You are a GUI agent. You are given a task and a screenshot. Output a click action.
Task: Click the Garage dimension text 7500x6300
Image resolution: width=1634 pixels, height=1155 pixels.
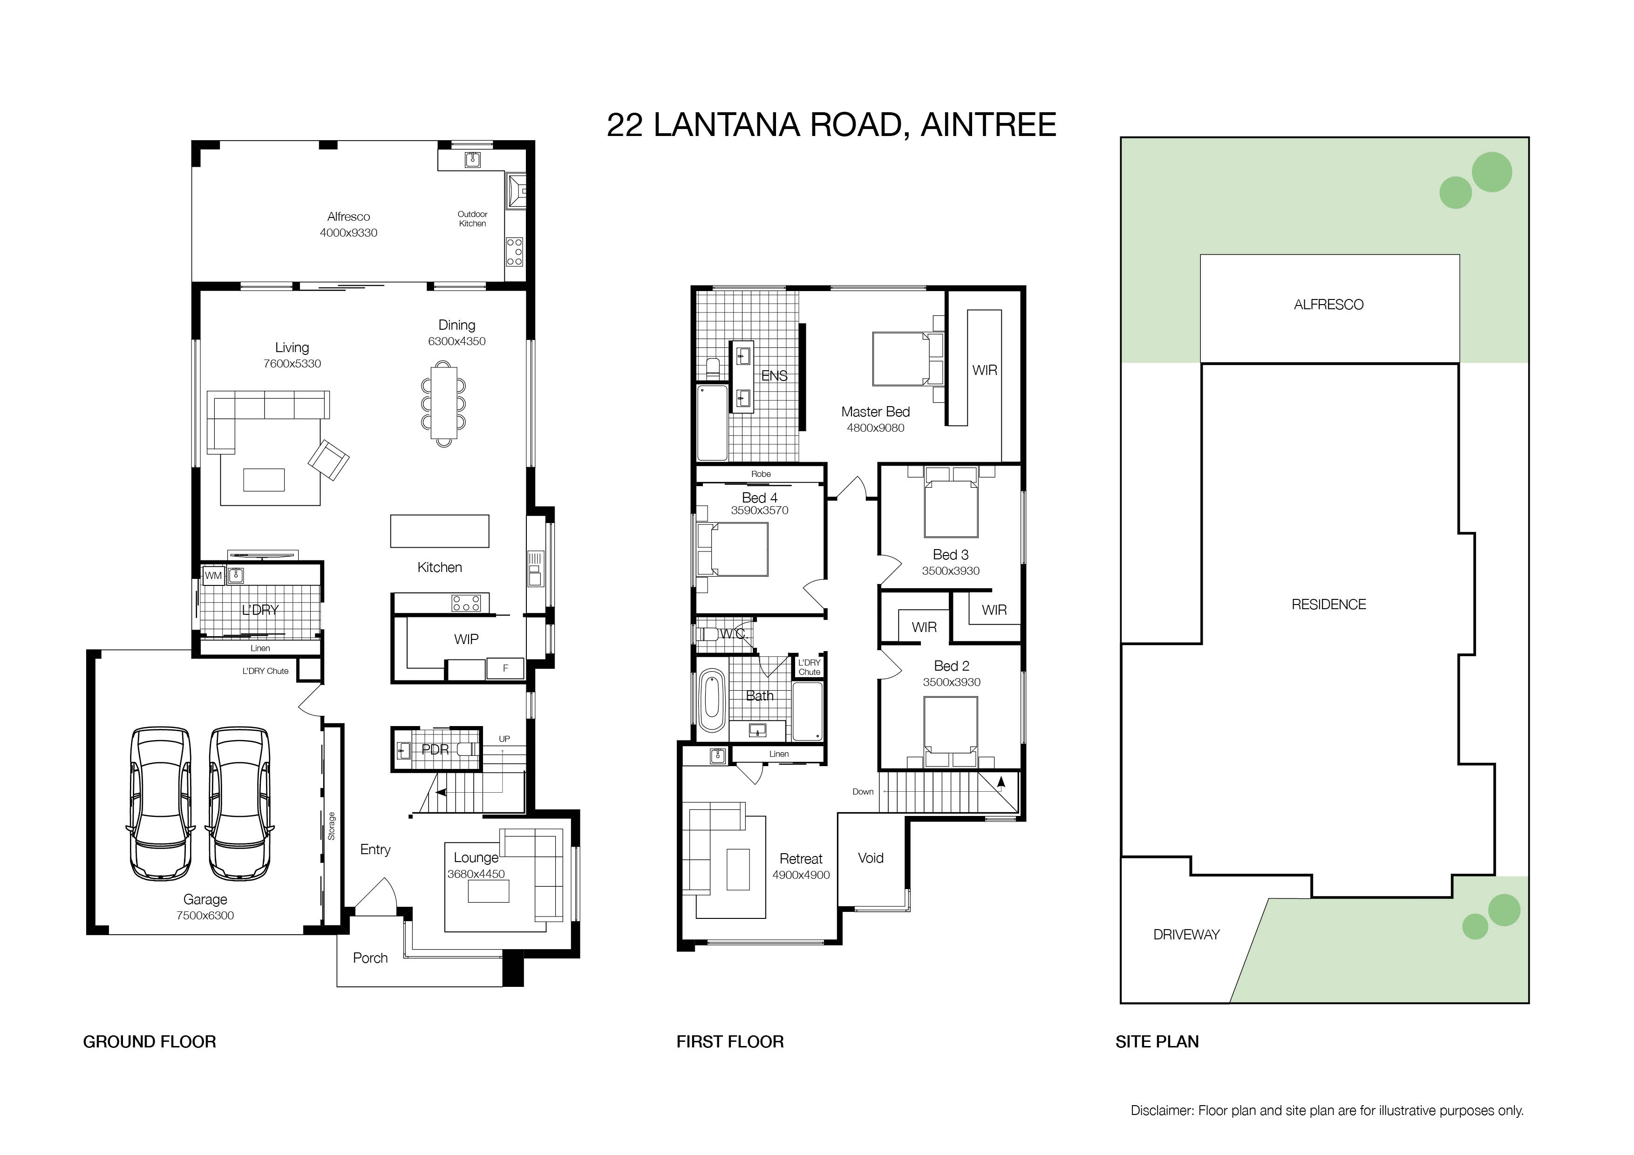pos(205,916)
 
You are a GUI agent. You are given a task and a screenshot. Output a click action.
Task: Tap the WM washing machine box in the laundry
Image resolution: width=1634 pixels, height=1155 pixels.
pos(213,576)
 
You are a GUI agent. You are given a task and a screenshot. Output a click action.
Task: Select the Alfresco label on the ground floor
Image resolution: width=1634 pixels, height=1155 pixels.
pos(349,217)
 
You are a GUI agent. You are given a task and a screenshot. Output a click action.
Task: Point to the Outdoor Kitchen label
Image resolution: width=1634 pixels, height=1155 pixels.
pos(473,218)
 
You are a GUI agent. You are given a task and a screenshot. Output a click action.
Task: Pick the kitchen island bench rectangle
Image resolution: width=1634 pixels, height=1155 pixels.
pos(440,531)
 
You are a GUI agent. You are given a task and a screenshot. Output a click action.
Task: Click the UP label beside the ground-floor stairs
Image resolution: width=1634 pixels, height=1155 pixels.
pos(504,739)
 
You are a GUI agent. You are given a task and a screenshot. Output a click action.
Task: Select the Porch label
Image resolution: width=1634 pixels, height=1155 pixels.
pos(370,958)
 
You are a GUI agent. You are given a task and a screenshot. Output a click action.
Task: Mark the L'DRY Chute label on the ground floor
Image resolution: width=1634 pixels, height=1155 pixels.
pos(266,671)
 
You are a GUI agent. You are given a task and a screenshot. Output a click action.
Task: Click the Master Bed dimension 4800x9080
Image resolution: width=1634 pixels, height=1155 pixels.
pos(875,428)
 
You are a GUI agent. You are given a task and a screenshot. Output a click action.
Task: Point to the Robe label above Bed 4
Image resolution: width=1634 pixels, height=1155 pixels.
pos(761,474)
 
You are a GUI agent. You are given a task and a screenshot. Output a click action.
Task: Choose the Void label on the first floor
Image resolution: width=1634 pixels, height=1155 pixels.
pos(871,858)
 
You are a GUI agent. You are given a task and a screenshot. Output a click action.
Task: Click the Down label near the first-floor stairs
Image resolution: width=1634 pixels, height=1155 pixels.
pos(863,791)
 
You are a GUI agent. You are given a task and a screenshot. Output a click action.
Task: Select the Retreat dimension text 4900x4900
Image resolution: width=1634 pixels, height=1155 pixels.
pos(801,875)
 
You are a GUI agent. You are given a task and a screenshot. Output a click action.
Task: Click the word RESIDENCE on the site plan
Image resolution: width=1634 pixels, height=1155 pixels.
pos(1329,604)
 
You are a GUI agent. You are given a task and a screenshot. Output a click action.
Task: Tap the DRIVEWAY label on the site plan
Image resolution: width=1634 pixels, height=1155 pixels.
pos(1186,934)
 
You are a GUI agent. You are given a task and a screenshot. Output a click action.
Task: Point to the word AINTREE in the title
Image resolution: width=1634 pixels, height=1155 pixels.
pos(988,125)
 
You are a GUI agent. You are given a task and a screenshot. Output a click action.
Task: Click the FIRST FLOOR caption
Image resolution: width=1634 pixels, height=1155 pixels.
pos(730,1042)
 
